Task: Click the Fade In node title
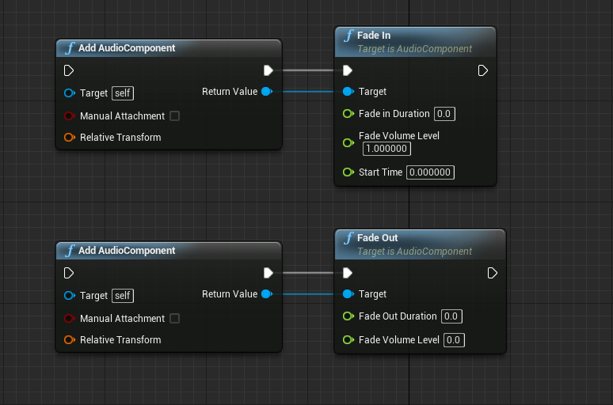[x=374, y=36]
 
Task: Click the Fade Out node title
[x=377, y=238]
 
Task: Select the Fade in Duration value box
[x=444, y=114]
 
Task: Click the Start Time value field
[x=430, y=172]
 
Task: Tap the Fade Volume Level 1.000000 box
[x=387, y=149]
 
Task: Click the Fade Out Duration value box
[x=451, y=316]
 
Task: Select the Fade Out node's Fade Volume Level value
[x=454, y=340]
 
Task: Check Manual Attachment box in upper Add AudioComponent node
[x=175, y=116]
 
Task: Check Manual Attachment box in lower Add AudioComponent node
[x=175, y=319]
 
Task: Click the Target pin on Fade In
[x=348, y=92]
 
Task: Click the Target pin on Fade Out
[x=348, y=294]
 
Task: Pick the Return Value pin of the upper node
[x=266, y=92]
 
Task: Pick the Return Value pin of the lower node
[x=266, y=294]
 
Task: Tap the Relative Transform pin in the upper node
[x=69, y=138]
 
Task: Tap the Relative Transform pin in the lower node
[x=69, y=340]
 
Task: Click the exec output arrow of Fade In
[x=483, y=70]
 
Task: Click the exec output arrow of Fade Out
[x=493, y=273]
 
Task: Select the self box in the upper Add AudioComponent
[x=123, y=93]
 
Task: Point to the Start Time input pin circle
[x=348, y=172]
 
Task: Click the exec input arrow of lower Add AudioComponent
[x=69, y=273]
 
